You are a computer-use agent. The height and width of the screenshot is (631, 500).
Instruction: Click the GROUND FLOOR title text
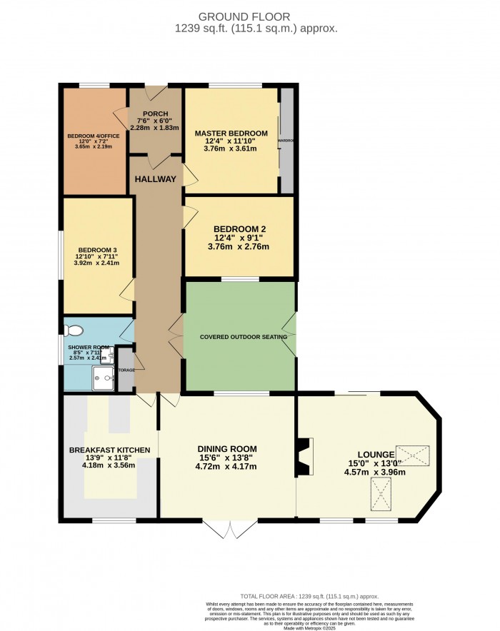pos(250,16)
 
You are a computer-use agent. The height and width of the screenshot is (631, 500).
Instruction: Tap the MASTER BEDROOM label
pos(231,133)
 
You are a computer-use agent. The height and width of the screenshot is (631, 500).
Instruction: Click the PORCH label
pos(155,114)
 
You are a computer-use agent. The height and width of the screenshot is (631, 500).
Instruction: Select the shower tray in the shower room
pos(104,378)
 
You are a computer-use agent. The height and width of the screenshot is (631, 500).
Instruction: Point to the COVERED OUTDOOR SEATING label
pos(243,337)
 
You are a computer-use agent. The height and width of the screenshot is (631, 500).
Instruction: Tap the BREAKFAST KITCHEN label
pos(109,450)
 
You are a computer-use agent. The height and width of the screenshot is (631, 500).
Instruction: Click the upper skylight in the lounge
pos(414,454)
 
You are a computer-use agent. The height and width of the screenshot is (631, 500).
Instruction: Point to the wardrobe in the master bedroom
pos(287,141)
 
